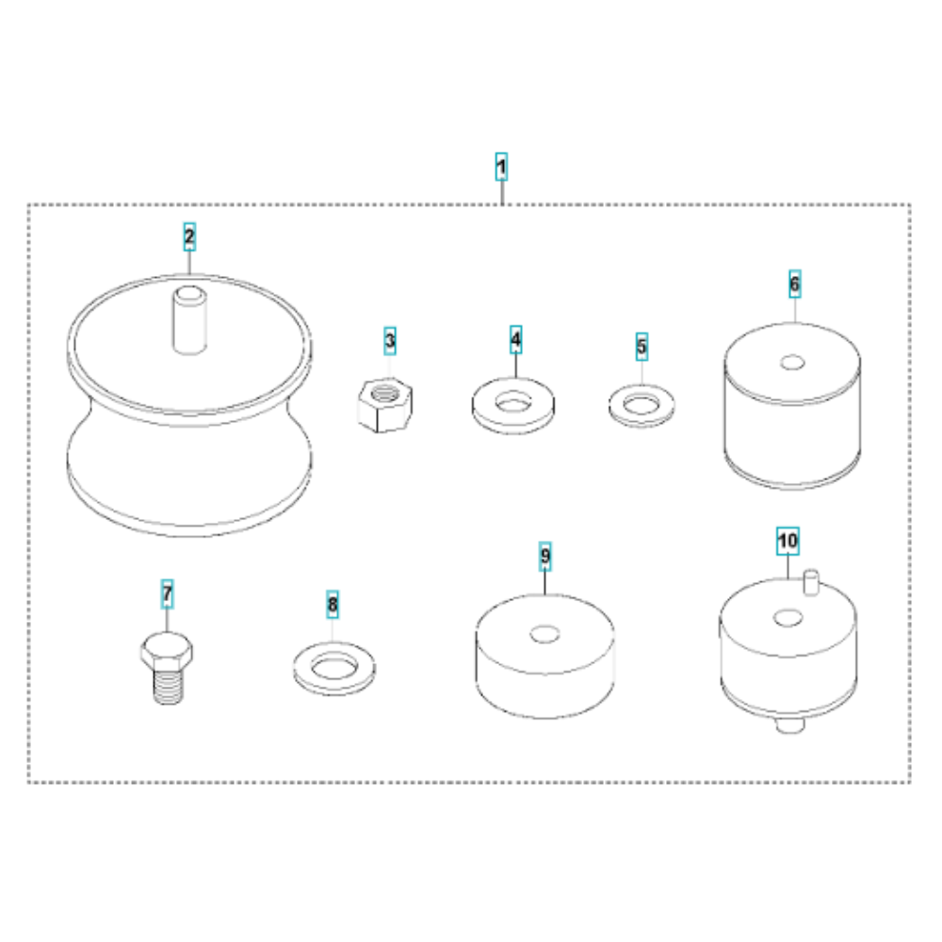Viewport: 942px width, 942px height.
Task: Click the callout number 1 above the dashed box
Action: [501, 167]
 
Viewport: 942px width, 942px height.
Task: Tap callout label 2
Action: [189, 236]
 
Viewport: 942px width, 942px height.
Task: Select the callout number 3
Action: [390, 341]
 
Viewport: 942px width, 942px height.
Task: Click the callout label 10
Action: [788, 541]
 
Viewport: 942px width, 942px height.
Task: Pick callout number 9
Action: [544, 556]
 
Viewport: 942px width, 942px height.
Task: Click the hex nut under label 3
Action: [385, 404]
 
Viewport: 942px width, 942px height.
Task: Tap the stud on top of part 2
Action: [190, 320]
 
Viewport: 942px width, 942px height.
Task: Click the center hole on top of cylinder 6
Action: [792, 363]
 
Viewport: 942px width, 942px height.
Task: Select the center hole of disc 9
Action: [544, 634]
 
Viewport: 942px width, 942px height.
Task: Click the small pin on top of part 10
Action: [811, 582]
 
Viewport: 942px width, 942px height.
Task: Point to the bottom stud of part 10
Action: [790, 725]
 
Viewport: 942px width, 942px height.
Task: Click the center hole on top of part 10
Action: [788, 617]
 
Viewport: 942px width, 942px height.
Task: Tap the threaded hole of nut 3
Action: [384, 394]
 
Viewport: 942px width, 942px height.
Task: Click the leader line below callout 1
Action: [502, 192]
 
